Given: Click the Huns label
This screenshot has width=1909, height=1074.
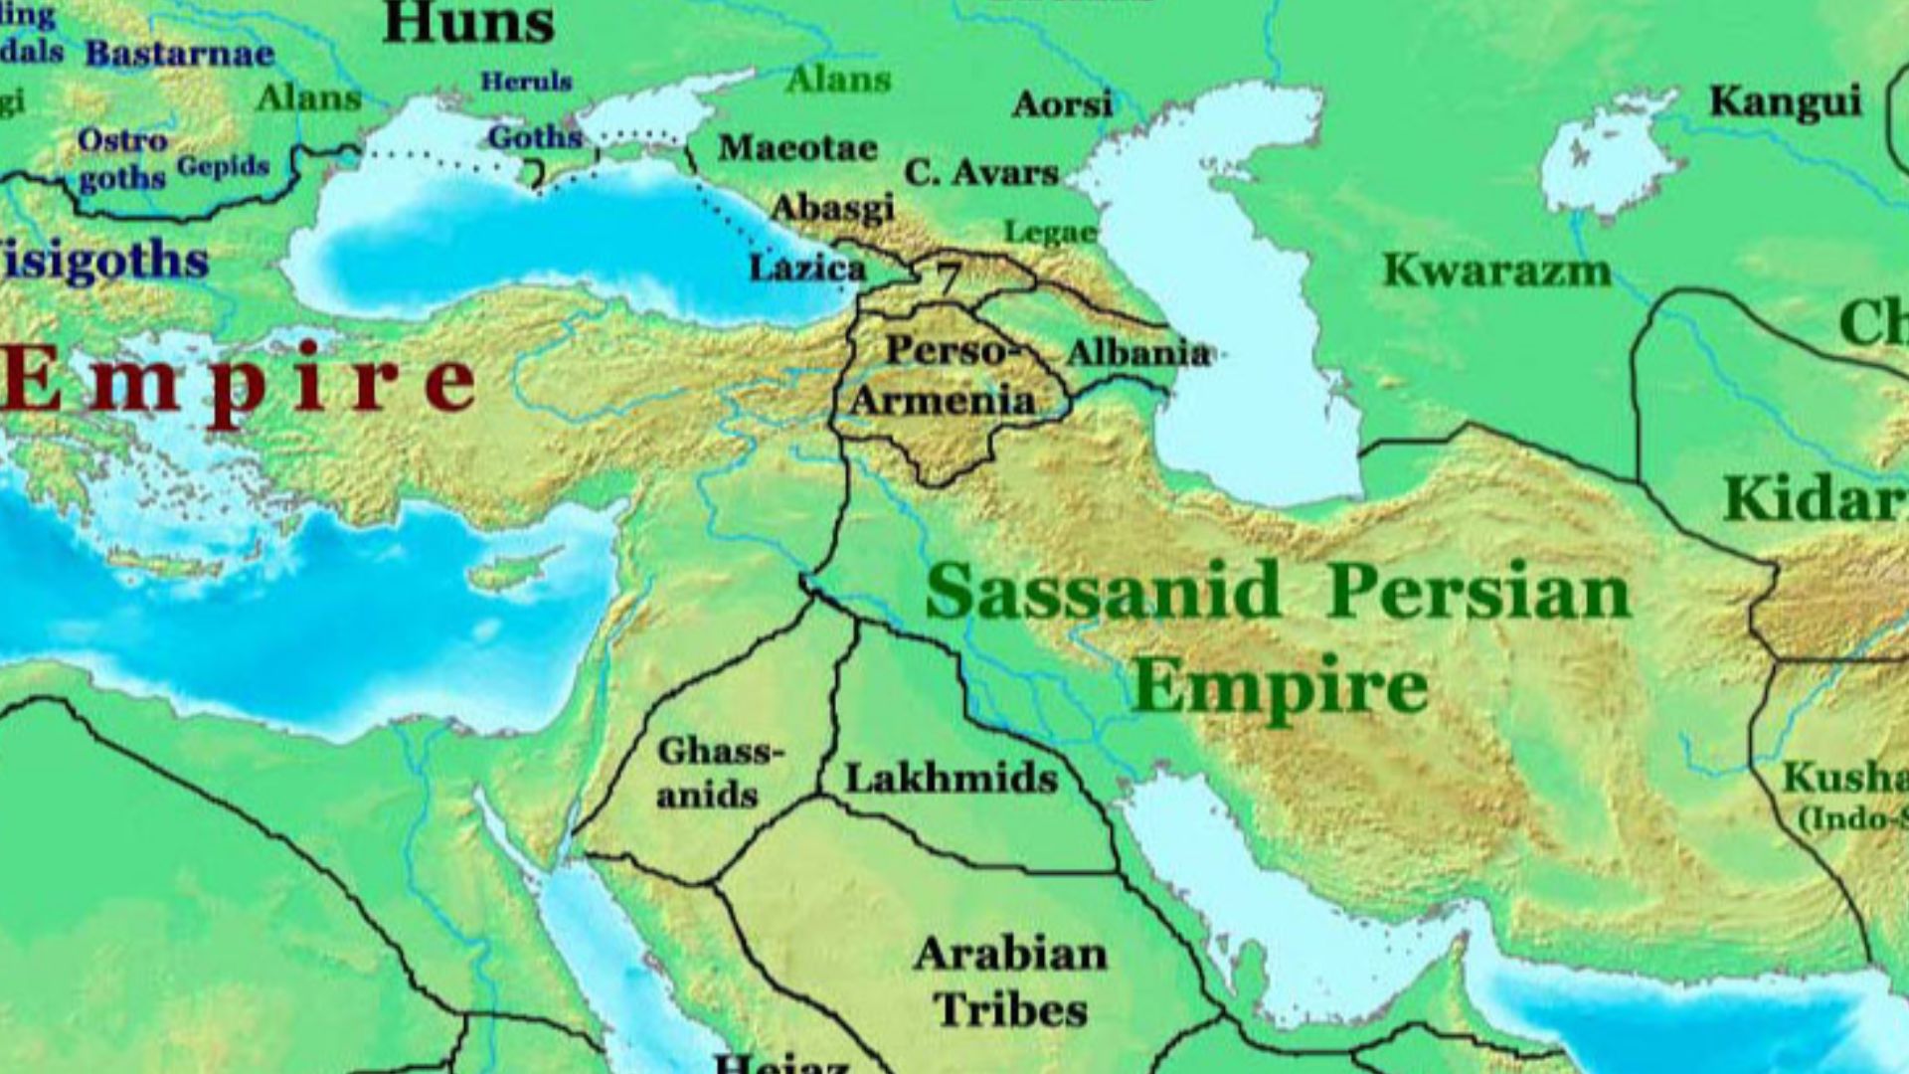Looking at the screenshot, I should pos(467,22).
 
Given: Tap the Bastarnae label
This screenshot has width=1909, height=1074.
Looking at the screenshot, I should pos(179,54).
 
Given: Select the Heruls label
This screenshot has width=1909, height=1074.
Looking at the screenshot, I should pos(526,82).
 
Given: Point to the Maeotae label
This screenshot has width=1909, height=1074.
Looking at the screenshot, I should pos(798,148).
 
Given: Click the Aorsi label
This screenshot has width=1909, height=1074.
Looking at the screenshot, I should pos(1062,103).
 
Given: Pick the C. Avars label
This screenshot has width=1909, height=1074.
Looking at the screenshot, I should pos(980,172).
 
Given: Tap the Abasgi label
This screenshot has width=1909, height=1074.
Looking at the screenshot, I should pos(832,208).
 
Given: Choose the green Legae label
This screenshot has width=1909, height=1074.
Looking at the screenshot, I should pos(1050,233).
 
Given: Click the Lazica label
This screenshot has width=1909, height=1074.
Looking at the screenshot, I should pos(806,268).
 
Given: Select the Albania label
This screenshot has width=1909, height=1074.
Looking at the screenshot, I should pos(1137,353).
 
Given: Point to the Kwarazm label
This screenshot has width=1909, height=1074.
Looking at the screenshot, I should pos(1496,270).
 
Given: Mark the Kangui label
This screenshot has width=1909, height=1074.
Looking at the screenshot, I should pos(1785,101).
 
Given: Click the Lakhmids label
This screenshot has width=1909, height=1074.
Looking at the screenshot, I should pos(952,778).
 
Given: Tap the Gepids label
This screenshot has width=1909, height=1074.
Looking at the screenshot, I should pos(224,166).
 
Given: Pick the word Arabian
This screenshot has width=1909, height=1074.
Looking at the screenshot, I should pos(1010,955).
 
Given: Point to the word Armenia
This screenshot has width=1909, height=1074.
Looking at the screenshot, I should pos(943,401).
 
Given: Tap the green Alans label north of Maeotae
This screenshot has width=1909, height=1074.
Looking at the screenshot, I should pos(838,80).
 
